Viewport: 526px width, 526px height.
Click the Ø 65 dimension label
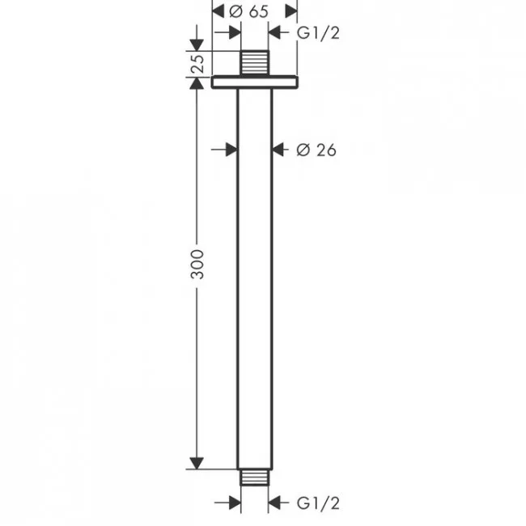248,11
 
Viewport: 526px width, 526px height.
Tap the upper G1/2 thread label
318,33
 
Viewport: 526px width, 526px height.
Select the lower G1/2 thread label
318,503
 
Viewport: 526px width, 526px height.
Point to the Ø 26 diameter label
316,150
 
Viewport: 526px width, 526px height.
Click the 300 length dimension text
197,264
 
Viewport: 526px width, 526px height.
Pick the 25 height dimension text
197,64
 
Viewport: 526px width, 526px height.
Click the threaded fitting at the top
255,63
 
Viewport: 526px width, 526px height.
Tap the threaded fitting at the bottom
255,477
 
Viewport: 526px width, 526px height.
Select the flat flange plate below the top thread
255,83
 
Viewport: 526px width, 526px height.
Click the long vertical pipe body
255,278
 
